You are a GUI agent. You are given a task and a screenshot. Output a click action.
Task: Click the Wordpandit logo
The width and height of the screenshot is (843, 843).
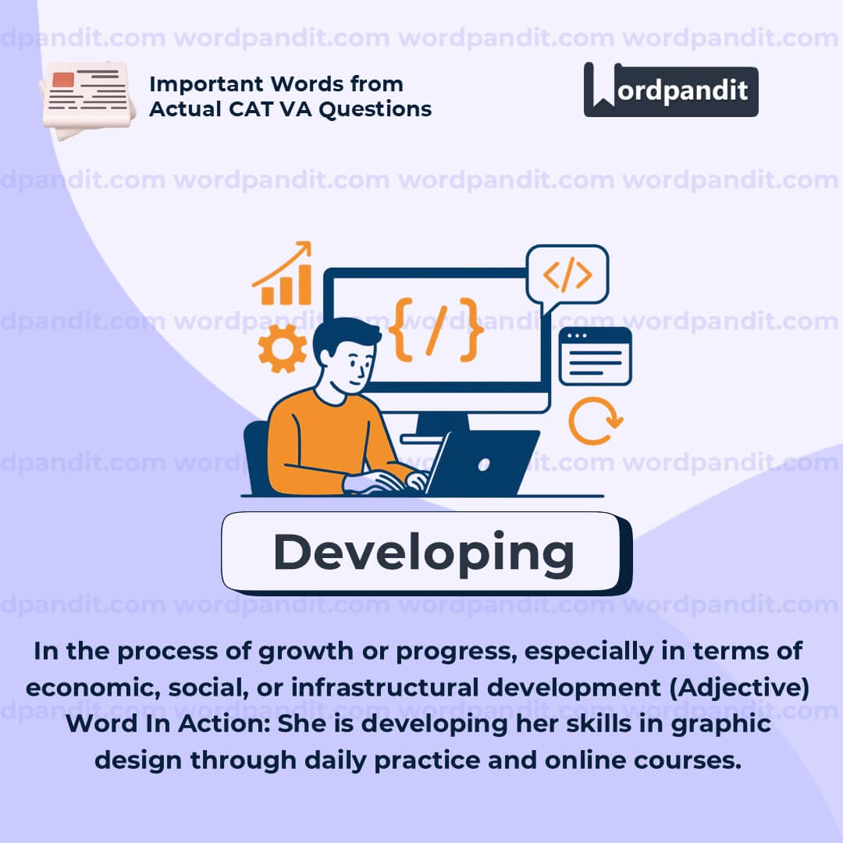670,90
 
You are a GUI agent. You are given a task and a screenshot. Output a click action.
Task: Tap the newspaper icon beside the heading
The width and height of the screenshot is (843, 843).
87,99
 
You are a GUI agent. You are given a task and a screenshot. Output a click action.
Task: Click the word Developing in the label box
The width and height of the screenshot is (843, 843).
424,553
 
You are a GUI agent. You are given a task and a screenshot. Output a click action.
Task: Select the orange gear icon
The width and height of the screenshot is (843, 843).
282,348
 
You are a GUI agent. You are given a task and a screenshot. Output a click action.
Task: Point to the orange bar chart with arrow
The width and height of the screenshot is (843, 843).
283,273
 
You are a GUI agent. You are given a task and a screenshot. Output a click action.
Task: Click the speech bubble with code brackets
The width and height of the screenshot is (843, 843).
567,278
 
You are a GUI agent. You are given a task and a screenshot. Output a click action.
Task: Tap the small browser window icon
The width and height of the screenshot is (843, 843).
595,356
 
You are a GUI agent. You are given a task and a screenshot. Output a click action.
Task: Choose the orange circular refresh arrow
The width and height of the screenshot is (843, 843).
595,421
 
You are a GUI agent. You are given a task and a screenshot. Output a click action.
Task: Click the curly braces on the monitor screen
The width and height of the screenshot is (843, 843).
436,329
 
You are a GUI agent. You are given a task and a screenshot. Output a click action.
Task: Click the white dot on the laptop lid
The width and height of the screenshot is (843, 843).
483,464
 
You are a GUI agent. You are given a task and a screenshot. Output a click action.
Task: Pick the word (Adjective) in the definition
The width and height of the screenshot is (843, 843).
739,688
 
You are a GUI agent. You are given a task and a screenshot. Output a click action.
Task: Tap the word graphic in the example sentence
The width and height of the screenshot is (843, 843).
721,724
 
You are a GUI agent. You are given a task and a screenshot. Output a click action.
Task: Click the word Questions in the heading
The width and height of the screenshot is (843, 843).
375,109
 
